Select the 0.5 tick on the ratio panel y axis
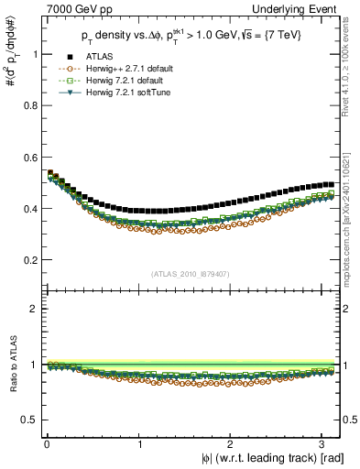tap(29, 420)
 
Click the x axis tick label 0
tap(46, 444)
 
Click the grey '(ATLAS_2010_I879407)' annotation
tap(191, 274)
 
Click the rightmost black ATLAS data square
tap(330, 184)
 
